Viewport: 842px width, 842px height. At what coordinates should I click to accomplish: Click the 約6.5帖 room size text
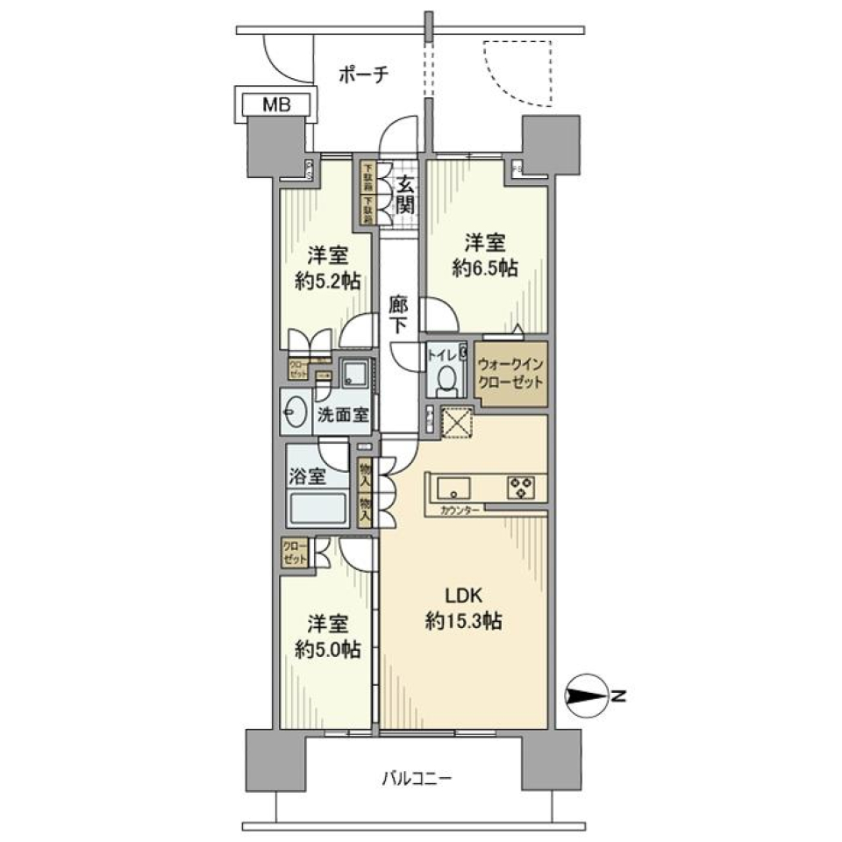coord(484,269)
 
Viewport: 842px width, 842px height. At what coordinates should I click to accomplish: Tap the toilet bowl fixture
coord(446,381)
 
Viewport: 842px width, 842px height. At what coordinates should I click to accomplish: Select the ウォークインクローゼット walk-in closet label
coord(511,374)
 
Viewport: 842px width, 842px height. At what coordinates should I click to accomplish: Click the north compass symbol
coord(586,697)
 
